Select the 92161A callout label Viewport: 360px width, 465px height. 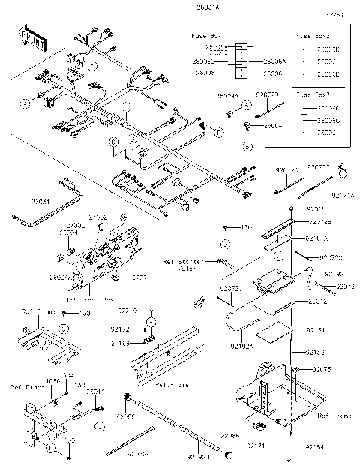click(318, 238)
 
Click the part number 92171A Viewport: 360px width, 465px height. click(340, 194)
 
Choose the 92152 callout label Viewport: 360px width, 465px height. click(316, 352)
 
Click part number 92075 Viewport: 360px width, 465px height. click(322, 370)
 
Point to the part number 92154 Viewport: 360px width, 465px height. click(316, 446)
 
